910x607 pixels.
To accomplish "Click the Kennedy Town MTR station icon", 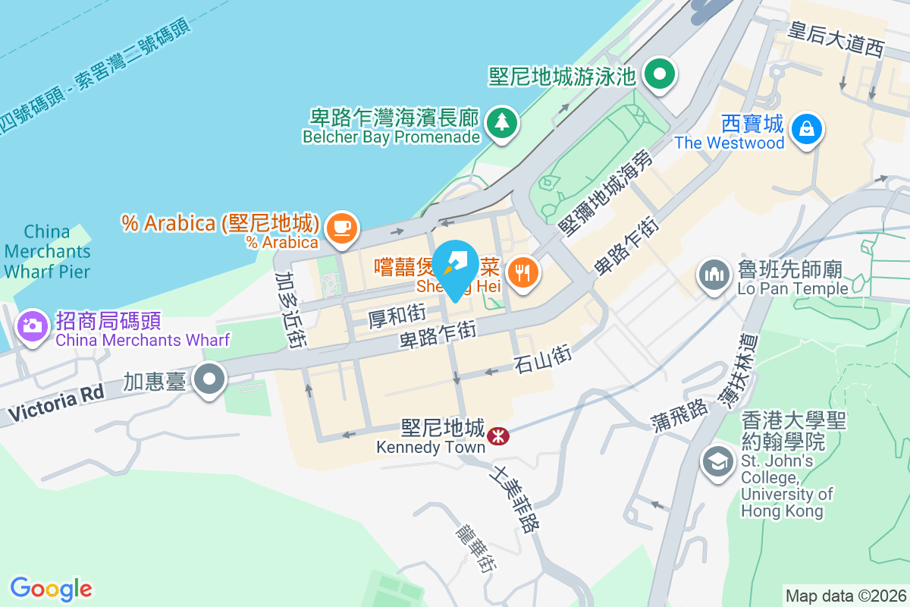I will coord(498,436).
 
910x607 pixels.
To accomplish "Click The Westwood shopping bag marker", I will coord(805,128).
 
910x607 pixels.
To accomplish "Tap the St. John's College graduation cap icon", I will coord(717,462).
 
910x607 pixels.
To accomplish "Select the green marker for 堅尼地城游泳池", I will coord(660,74).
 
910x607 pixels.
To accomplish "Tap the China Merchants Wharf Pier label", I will coord(47,251).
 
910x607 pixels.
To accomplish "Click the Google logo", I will coord(51,589).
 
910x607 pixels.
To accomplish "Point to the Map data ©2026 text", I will coord(846,596).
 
